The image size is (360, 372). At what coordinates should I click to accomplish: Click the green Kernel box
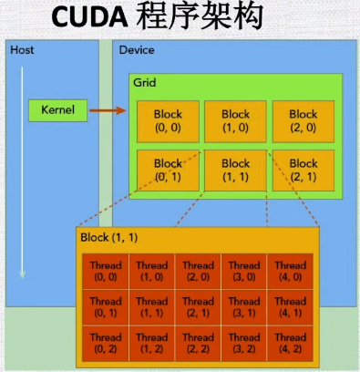[58, 110]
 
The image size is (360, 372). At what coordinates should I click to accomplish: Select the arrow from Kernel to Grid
[108, 110]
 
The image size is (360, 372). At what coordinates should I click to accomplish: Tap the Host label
[22, 48]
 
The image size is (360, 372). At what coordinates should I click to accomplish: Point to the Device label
[137, 48]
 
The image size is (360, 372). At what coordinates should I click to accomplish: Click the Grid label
[145, 82]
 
